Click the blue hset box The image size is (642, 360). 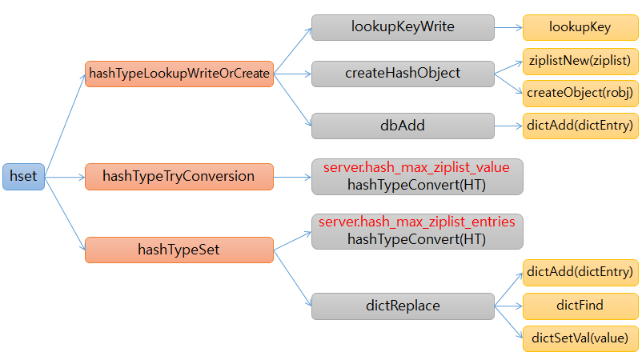coord(23,176)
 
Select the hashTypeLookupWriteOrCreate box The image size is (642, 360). coord(179,74)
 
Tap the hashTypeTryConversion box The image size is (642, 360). coord(179,176)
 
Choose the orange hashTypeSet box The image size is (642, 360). coord(179,250)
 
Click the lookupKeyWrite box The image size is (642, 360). coord(403,27)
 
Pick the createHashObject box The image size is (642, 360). coord(403,74)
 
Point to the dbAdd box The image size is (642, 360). coord(403,126)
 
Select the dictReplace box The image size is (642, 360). coord(403,306)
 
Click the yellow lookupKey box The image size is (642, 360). coord(580,27)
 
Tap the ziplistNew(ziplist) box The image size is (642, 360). coord(580,60)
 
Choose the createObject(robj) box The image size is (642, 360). coord(580,92)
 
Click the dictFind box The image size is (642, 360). coord(580,306)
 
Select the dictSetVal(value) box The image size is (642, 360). coord(580,338)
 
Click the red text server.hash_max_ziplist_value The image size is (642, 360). coord(416,168)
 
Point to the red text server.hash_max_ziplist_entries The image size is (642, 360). coord(416,221)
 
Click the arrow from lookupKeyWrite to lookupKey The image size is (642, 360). coord(508,27)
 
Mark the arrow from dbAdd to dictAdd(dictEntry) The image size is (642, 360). coord(508,126)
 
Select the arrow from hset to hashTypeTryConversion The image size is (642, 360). coord(64,176)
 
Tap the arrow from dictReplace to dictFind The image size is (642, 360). coord(508,306)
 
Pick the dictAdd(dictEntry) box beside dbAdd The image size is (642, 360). coord(580,126)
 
